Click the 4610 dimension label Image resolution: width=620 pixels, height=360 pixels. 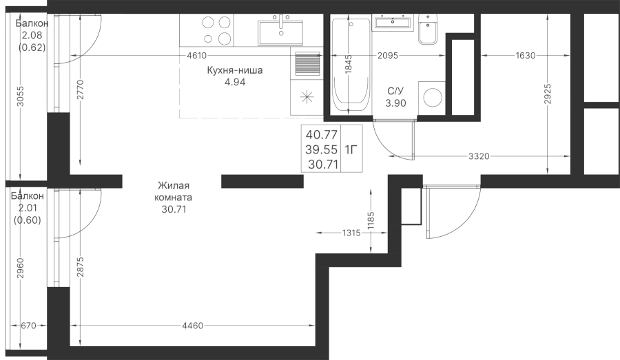click(196, 55)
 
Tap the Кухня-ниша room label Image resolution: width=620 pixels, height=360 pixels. click(235, 70)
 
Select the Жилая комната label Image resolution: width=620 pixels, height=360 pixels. click(174, 191)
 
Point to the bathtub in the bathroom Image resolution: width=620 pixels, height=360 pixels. click(351, 64)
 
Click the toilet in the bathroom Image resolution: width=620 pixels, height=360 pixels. click(428, 28)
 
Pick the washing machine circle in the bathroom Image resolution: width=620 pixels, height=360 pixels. click(432, 97)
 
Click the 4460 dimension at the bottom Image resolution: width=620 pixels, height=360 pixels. click(193, 326)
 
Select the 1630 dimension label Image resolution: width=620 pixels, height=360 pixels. click(525, 55)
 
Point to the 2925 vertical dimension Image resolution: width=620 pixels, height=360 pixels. click(548, 94)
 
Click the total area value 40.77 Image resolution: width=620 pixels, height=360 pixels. click(322, 135)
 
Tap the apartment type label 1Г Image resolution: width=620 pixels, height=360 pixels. click(351, 150)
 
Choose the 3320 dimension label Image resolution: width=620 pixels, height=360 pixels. click(479, 156)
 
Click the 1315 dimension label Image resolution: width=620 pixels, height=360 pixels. click(351, 233)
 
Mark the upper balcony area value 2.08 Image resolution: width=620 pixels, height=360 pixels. click(32, 35)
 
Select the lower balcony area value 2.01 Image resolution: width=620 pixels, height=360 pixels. click(28, 208)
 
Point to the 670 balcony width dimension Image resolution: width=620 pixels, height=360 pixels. click(28, 326)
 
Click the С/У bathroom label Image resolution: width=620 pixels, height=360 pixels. click(395, 92)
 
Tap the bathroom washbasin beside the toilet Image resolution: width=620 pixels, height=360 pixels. click(392, 21)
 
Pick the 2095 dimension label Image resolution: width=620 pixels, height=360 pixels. click(387, 55)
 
